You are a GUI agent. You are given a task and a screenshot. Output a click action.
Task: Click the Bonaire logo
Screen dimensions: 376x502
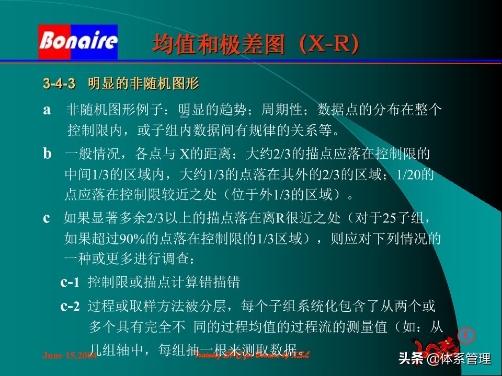tap(78, 42)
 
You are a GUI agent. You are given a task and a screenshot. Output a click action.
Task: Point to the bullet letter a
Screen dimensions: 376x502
tap(47, 110)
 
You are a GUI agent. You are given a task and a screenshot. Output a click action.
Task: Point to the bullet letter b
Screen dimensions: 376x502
tap(48, 154)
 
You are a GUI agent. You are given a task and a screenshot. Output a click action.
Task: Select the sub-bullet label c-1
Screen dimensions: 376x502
tap(70, 283)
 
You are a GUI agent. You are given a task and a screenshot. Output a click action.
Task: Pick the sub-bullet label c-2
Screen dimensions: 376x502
tap(70, 306)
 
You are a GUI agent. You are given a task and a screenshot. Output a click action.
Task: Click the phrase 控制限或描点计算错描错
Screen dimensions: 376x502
tap(164, 283)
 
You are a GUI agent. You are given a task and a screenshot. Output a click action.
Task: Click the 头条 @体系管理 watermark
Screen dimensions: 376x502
tap(444, 359)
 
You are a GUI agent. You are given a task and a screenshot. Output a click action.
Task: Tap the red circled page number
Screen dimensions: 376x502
tap(464, 335)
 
